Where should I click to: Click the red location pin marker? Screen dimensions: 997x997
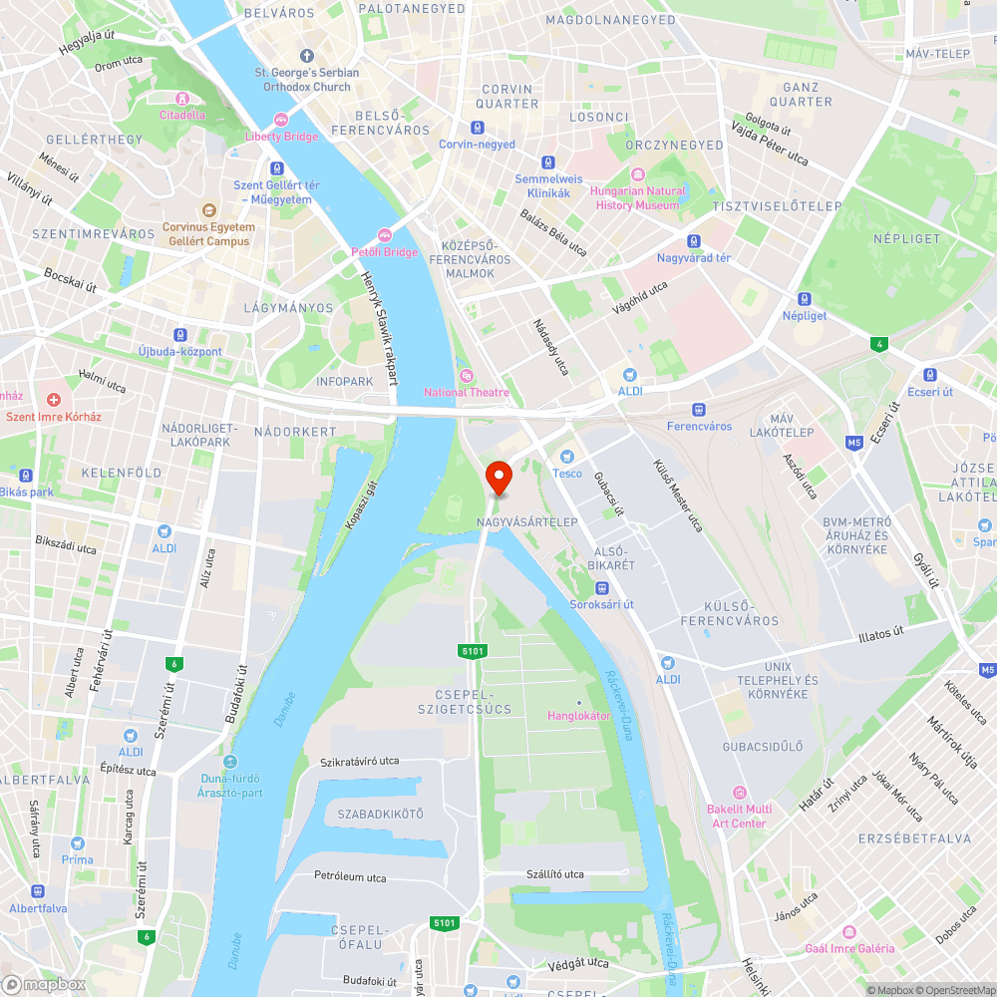click(498, 477)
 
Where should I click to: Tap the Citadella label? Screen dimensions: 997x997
click(182, 114)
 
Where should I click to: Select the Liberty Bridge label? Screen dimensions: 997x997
click(281, 137)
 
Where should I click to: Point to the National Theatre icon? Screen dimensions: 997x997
click(466, 375)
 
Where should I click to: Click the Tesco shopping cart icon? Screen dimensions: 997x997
click(567, 456)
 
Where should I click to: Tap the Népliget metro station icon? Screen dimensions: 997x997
click(804, 299)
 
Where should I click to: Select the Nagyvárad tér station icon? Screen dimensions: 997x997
click(694, 241)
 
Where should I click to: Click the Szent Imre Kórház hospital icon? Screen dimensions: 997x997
click(54, 399)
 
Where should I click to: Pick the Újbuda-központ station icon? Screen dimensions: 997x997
click(180, 335)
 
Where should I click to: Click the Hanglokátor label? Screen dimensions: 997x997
click(578, 715)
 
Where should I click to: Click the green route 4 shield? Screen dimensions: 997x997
click(877, 345)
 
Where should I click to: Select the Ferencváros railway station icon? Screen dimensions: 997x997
click(699, 410)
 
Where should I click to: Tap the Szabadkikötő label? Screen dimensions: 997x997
click(380, 814)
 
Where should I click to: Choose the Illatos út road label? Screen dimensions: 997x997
click(881, 632)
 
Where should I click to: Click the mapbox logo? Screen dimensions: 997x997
click(45, 983)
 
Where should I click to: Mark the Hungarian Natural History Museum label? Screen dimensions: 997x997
click(638, 197)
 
